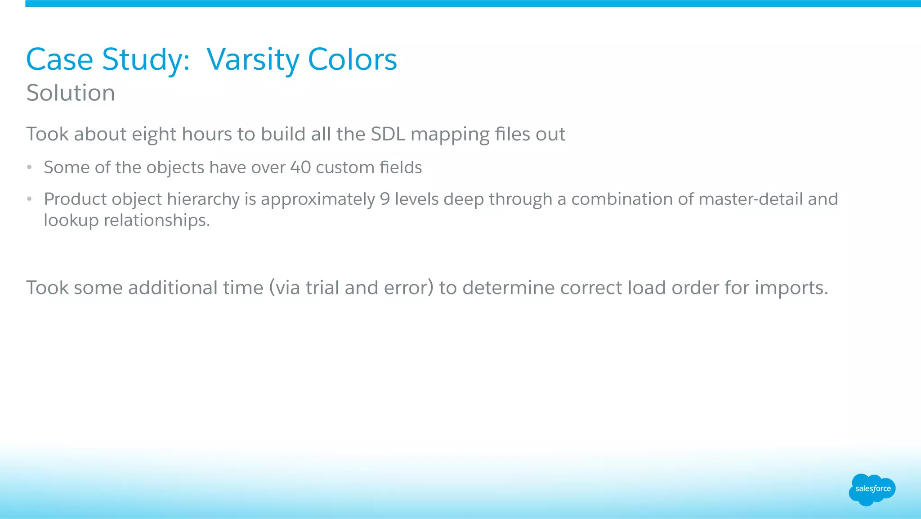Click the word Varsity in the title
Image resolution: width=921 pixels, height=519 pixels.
(253, 60)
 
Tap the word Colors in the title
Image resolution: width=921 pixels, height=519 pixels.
(352, 60)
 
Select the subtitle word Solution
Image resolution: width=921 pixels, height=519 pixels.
(71, 93)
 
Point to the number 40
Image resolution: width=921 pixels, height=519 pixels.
(300, 167)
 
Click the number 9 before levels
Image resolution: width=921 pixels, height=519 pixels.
(384, 199)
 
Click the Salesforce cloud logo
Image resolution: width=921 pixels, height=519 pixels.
(872, 489)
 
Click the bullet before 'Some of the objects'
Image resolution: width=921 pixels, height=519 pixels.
(29, 167)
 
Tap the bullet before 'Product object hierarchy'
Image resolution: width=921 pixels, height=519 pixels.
(29, 199)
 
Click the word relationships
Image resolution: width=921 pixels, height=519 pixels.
(156, 221)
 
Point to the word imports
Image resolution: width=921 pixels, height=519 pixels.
(791, 288)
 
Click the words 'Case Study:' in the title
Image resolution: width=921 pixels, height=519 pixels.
(108, 60)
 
